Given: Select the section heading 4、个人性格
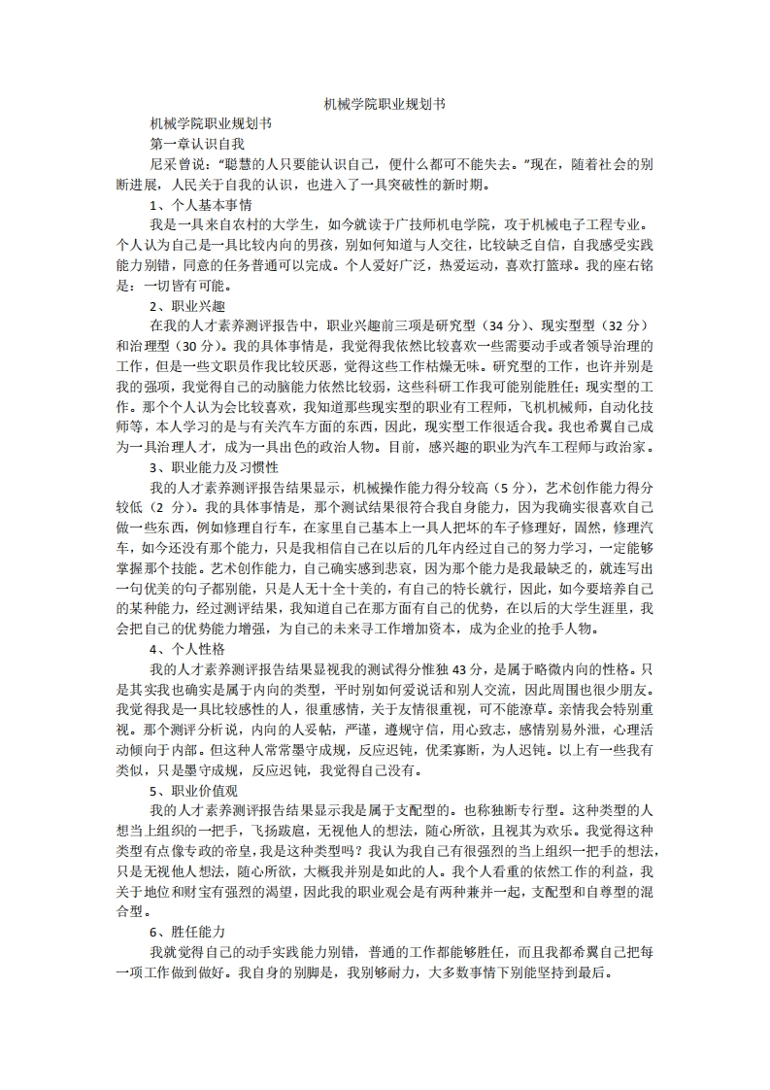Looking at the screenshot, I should pos(187,648).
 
